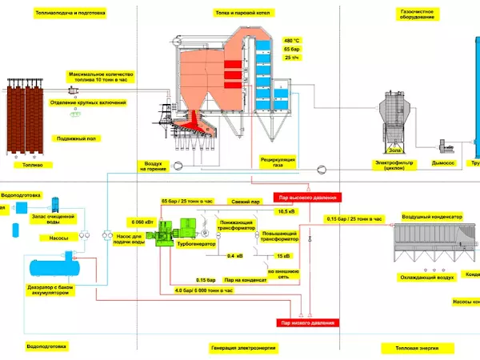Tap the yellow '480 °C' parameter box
[x=292, y=40]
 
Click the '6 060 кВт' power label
[x=138, y=221]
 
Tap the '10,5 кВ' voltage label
[x=286, y=212]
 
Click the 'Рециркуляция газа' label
[x=278, y=162]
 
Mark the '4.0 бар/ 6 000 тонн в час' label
[x=204, y=290]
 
